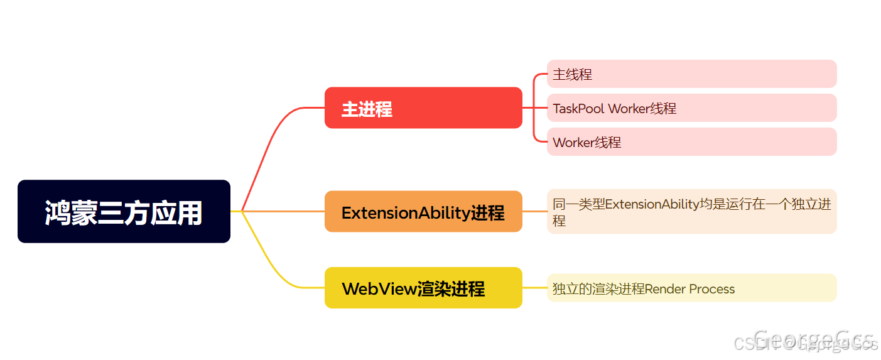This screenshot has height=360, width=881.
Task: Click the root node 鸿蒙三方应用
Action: pyautogui.click(x=124, y=212)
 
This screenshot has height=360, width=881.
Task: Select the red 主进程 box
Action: pyautogui.click(x=423, y=108)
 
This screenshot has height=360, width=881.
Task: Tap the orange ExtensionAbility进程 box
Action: pyautogui.click(x=423, y=212)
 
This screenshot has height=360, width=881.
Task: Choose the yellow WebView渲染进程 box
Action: pyautogui.click(x=423, y=288)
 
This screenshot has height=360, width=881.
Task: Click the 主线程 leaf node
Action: pyautogui.click(x=691, y=74)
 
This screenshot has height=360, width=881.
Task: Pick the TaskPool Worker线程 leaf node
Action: pyautogui.click(x=691, y=108)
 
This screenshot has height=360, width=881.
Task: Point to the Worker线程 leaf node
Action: pyautogui.click(x=691, y=142)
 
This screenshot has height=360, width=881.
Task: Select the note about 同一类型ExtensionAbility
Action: pyautogui.click(x=691, y=212)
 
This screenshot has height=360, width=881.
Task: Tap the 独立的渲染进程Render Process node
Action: pyautogui.click(x=691, y=288)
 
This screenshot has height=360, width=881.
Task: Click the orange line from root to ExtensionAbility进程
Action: pyautogui.click(x=283, y=211)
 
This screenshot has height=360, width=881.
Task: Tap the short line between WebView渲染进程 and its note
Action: pyautogui.click(x=534, y=288)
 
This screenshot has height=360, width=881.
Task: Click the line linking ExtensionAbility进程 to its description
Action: pyautogui.click(x=534, y=212)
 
